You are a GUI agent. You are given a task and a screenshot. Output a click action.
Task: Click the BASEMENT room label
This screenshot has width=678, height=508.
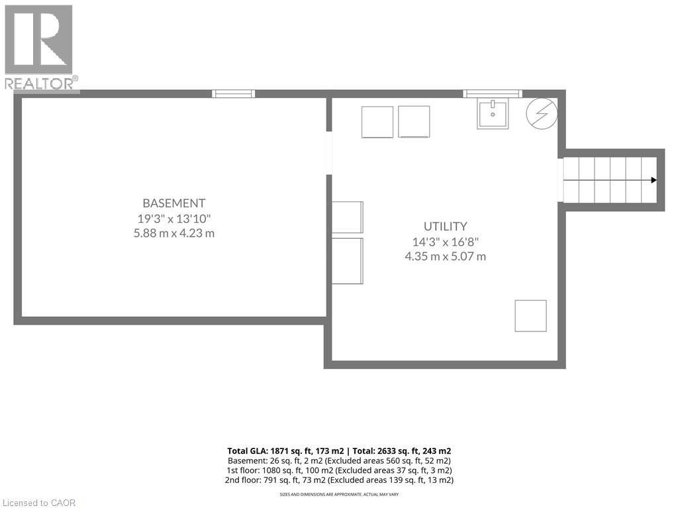(174, 203)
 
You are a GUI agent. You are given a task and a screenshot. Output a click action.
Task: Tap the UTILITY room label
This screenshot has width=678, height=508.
(446, 226)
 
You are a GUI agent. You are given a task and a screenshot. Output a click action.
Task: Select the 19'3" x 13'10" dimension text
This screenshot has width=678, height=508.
(174, 218)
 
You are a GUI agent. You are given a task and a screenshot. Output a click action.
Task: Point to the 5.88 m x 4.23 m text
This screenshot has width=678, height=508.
(174, 233)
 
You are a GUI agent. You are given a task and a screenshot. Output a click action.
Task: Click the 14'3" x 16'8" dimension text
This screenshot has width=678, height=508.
(446, 241)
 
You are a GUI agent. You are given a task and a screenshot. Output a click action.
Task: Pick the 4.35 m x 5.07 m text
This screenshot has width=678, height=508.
(446, 256)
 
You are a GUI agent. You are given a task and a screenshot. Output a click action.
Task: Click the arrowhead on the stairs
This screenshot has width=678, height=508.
(654, 180)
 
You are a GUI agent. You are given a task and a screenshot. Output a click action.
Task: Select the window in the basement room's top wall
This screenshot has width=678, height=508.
(233, 94)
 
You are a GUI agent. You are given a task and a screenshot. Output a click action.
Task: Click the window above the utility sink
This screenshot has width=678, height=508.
(492, 94)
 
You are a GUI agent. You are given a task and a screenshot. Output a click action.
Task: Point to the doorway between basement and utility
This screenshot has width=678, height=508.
(328, 153)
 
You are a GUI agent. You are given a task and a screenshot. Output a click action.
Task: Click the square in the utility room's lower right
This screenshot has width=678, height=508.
(530, 316)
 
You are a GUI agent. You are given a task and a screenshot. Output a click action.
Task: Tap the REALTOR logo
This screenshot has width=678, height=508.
(40, 46)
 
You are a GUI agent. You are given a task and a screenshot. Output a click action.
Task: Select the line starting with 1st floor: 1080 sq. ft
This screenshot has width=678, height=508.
(339, 470)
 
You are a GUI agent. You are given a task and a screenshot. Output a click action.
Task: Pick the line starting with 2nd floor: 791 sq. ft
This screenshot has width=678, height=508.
(339, 480)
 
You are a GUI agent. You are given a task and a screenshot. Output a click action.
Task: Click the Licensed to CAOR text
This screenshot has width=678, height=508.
(38, 503)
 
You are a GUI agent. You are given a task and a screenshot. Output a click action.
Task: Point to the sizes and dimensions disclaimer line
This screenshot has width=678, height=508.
(339, 494)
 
